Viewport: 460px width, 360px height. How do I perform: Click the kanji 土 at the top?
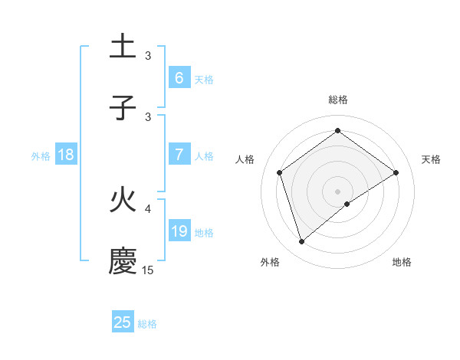123,46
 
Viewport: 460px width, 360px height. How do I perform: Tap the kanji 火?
123,201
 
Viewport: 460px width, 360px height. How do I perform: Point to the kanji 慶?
123,261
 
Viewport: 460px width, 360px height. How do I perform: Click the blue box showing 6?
179,77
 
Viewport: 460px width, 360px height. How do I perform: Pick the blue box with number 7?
179,155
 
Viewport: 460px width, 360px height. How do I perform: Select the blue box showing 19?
179,231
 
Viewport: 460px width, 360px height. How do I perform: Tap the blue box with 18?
66,155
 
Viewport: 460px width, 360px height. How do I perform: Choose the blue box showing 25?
123,322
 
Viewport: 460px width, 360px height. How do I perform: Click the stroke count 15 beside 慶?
148,270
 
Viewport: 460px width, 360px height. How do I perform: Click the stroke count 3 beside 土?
148,55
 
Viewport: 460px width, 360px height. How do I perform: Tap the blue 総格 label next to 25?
147,324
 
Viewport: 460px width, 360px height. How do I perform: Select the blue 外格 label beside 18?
41,156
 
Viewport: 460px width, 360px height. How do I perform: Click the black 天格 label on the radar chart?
432,159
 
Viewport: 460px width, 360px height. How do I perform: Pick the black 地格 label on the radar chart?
402,262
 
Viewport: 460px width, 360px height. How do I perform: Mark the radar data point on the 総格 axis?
337,132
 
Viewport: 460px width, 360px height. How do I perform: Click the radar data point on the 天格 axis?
396,172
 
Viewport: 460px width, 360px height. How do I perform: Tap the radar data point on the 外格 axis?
302,242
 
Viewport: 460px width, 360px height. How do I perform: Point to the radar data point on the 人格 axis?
279,172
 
